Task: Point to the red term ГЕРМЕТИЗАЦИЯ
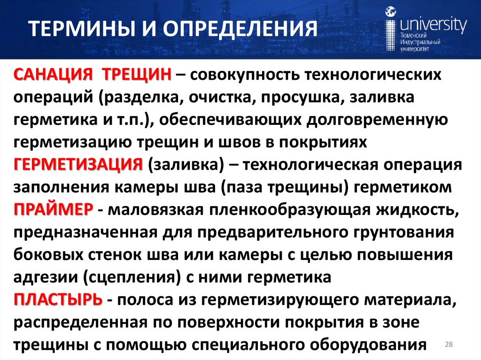click(x=78, y=166)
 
